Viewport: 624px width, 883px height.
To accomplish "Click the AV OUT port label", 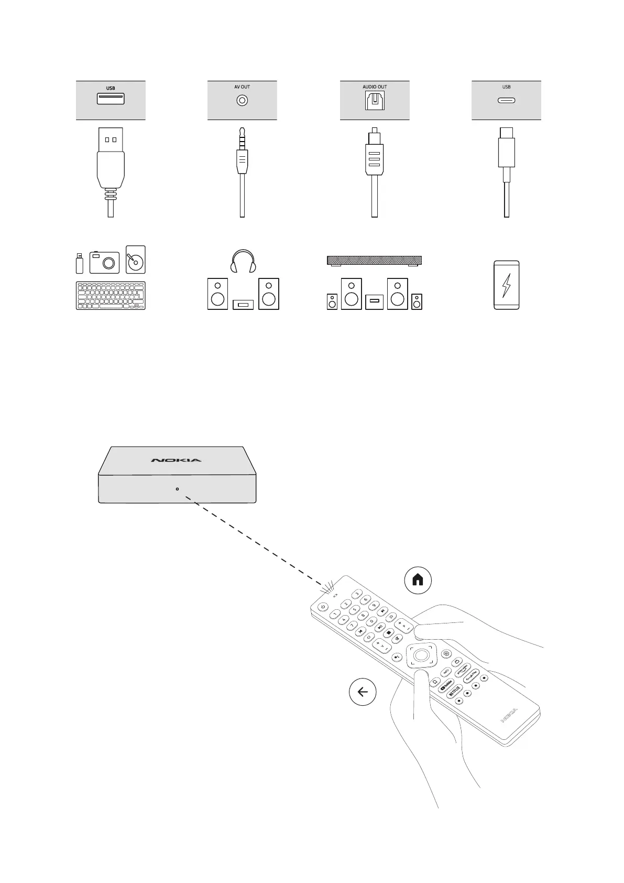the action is tap(242, 87).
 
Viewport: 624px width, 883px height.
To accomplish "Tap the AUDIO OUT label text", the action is tap(375, 87).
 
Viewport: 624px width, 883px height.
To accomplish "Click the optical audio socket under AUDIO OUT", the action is tap(375, 101).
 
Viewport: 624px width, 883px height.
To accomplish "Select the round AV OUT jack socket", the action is tap(242, 101).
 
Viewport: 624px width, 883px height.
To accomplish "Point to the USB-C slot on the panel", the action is tap(506, 101).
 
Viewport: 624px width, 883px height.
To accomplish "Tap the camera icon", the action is tap(104, 262).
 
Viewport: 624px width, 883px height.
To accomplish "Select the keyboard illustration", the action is tap(111, 296).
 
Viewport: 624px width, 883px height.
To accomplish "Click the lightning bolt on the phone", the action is tap(506, 285).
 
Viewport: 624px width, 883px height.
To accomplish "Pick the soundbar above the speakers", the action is tap(374, 260).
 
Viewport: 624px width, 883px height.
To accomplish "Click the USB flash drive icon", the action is tap(80, 263).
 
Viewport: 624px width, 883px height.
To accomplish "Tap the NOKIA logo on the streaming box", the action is tap(176, 460).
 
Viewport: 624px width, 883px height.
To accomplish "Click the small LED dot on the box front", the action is tap(177, 489).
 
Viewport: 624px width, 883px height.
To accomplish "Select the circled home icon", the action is tap(418, 580).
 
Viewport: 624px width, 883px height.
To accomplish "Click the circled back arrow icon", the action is tap(363, 692).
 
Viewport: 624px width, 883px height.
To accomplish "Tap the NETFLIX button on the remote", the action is tap(454, 691).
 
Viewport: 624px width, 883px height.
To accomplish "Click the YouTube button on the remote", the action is tap(446, 686).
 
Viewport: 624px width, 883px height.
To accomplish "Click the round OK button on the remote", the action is tap(420, 655).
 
